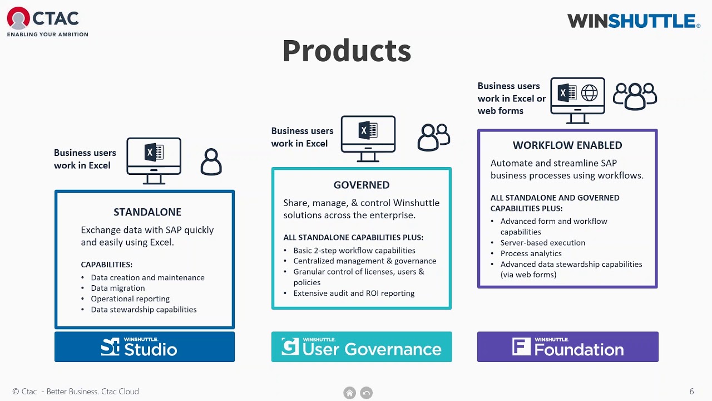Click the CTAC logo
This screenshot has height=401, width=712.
pyautogui.click(x=47, y=22)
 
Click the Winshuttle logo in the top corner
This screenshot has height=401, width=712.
pyautogui.click(x=633, y=21)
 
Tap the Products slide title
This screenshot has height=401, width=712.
pyautogui.click(x=347, y=51)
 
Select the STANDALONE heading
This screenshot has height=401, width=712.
pyautogui.click(x=147, y=212)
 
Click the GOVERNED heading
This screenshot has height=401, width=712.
pyautogui.click(x=362, y=185)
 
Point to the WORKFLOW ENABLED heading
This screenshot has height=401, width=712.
pyautogui.click(x=567, y=145)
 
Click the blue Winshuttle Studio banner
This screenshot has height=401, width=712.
pyautogui.click(x=145, y=347)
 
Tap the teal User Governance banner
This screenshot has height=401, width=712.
pyautogui.click(x=362, y=347)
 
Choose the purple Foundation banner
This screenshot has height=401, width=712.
pyautogui.click(x=567, y=347)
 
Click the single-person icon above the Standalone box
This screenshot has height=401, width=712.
pyautogui.click(x=211, y=162)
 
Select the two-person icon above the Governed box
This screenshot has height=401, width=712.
pyautogui.click(x=434, y=137)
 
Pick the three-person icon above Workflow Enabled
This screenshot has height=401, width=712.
pyautogui.click(x=635, y=96)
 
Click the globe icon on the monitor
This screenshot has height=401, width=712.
pyautogui.click(x=589, y=93)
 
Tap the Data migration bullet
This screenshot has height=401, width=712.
pyautogui.click(x=118, y=288)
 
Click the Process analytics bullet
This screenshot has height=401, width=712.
pyautogui.click(x=531, y=253)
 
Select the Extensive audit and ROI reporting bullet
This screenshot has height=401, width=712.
pyautogui.click(x=354, y=293)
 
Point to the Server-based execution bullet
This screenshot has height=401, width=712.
pyautogui.click(x=542, y=243)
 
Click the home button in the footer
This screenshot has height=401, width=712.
pyautogui.click(x=349, y=393)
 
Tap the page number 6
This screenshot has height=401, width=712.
pyautogui.click(x=691, y=392)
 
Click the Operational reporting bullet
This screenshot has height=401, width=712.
pyautogui.click(x=130, y=299)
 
